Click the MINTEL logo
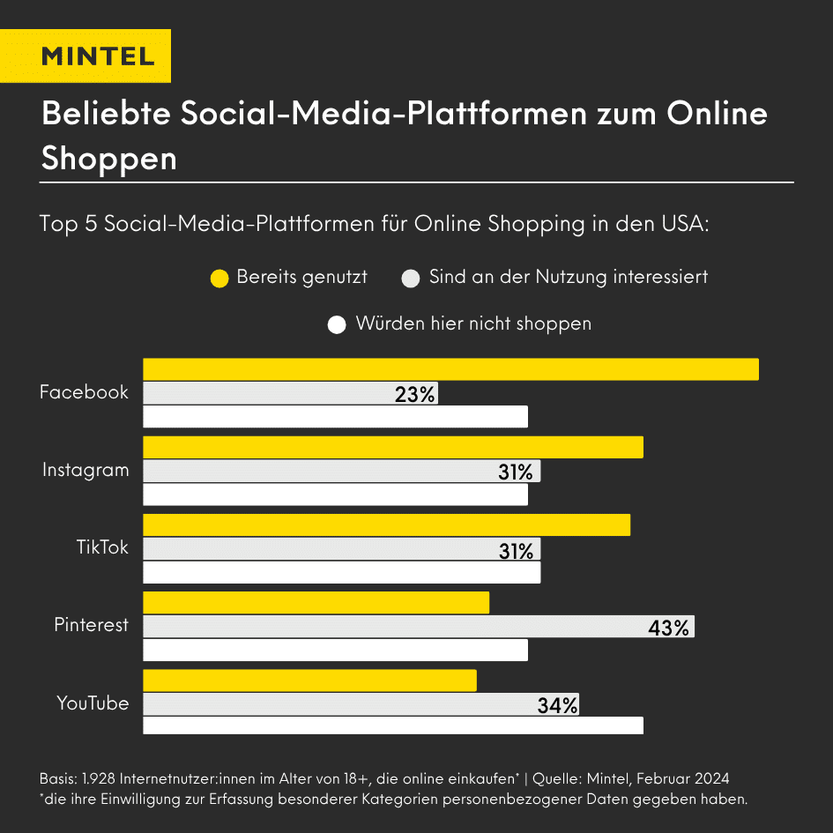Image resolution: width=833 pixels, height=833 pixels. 98,56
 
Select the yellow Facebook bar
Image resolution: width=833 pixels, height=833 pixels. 450,369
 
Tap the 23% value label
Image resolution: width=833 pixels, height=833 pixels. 415,394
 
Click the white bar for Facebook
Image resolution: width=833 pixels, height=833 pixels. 335,417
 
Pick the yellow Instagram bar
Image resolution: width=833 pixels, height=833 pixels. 393,447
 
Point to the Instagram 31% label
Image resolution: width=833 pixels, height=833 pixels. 516,472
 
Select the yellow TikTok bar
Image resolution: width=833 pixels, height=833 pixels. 386,524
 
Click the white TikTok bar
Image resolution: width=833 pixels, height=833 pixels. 341,572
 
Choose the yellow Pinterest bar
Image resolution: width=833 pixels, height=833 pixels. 316,602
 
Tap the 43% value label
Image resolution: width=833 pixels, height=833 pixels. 668,628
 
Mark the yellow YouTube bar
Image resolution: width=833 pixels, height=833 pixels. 309,681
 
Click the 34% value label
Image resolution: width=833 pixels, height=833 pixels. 557,705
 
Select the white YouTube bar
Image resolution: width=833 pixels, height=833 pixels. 393,725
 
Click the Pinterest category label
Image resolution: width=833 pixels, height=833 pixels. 92,625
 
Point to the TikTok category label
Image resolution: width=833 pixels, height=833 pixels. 102,547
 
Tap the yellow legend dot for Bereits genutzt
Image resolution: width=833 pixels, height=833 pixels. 219,279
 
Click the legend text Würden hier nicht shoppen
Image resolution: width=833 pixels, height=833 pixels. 473,324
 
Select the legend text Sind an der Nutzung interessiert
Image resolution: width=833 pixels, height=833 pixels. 569,277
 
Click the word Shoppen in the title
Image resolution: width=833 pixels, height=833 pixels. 109,159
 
